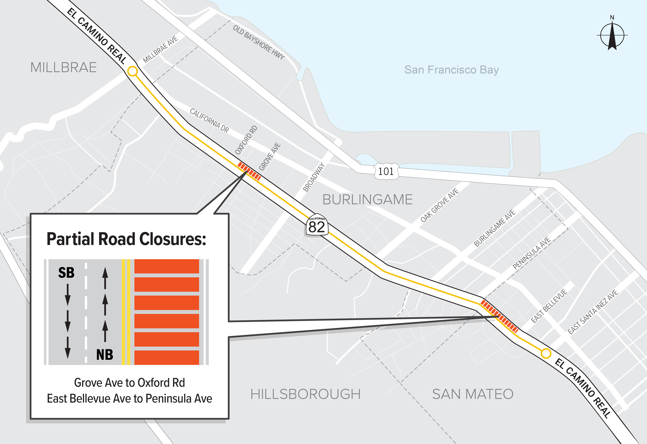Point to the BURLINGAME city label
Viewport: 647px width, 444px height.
(368, 199)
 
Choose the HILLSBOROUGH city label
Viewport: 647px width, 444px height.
(305, 394)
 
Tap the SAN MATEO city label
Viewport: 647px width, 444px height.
(473, 394)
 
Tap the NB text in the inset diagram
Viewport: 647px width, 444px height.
(105, 355)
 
